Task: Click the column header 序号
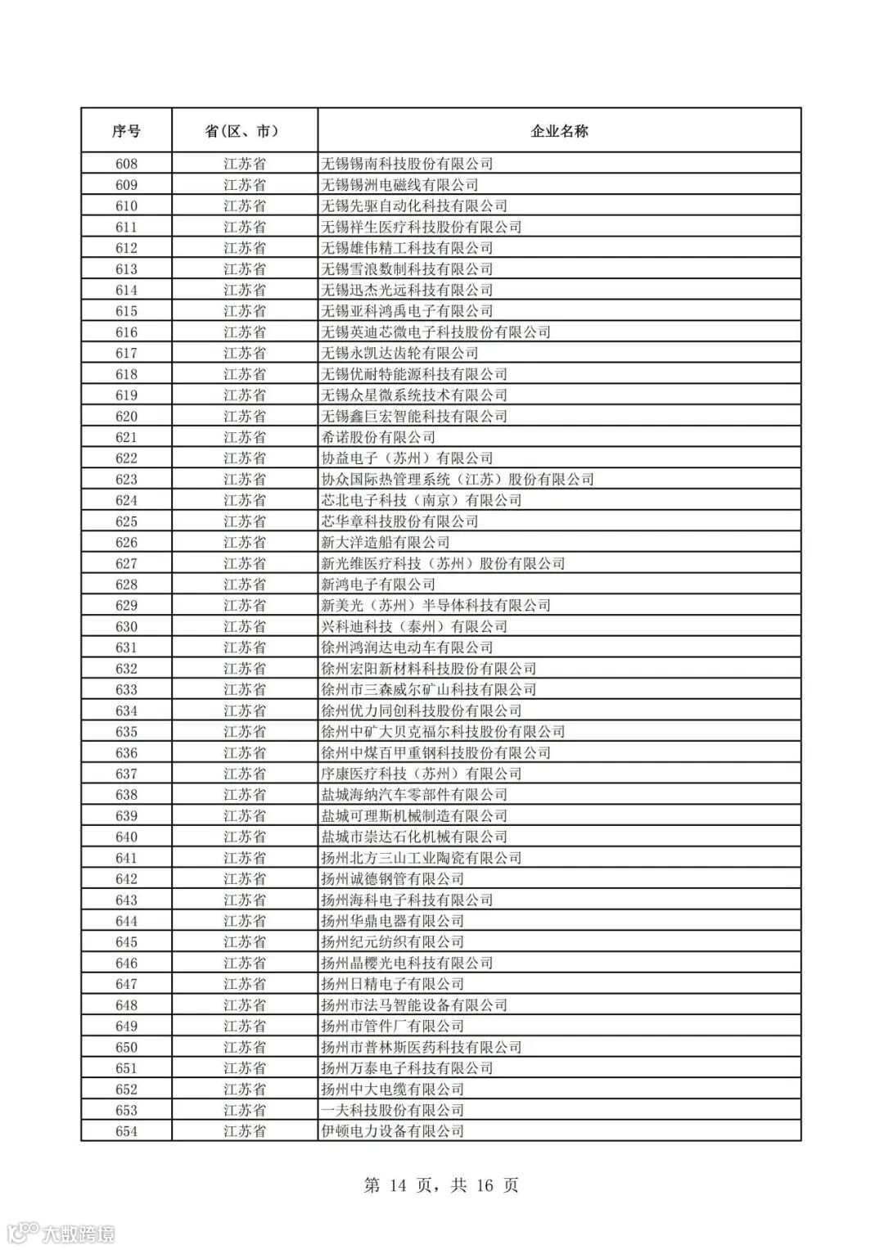tap(126, 131)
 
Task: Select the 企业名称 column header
tap(559, 131)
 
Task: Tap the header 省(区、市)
tap(244, 131)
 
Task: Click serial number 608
tap(126, 164)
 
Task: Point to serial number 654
tap(126, 1131)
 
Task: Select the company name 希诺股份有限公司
tap(378, 437)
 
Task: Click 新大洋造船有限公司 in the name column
tap(386, 542)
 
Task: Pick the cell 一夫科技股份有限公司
tap(393, 1110)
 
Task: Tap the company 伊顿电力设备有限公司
tap(393, 1131)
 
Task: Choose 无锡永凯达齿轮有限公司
tap(399, 353)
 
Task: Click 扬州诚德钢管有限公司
tap(393, 878)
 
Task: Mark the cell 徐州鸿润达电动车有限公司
tap(407, 648)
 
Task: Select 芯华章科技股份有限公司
tap(399, 521)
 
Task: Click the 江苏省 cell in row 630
tap(244, 626)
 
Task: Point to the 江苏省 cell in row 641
tap(244, 858)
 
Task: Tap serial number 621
tap(126, 437)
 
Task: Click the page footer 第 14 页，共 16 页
tap(441, 1185)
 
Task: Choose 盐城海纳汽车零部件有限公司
tap(414, 795)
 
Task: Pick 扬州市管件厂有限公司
tap(393, 1026)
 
